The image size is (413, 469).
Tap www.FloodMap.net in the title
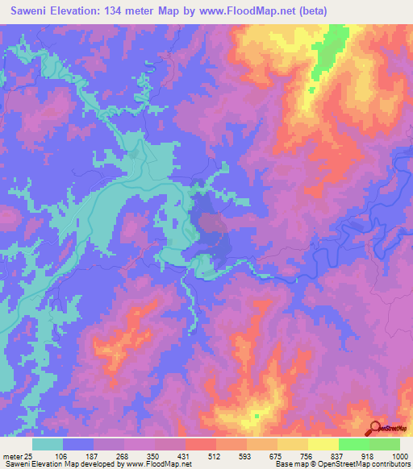click(x=247, y=11)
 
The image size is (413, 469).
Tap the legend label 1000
click(x=399, y=456)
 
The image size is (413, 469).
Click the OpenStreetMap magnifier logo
click(x=375, y=429)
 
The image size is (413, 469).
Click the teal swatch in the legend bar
click(x=48, y=444)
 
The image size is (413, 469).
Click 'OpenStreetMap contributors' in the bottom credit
click(x=369, y=464)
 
